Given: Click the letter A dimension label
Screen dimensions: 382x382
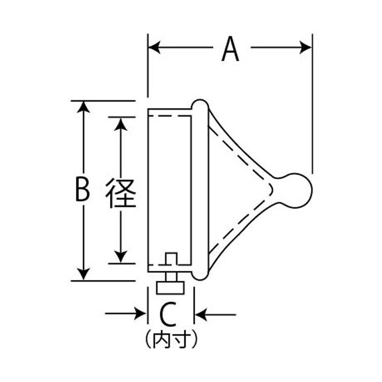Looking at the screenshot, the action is point(230,49).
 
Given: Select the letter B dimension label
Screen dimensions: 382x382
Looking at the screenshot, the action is point(82,189).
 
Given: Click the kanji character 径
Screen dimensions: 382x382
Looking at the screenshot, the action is point(121,193).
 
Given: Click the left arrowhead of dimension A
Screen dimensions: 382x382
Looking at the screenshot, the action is point(154,47).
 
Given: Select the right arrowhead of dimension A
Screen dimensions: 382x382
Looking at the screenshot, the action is point(306,47).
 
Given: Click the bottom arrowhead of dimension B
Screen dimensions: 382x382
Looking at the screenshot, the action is point(83,273).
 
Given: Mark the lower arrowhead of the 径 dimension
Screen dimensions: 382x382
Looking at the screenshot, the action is point(121,257).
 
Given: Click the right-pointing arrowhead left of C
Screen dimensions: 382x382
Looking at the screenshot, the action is point(140,314).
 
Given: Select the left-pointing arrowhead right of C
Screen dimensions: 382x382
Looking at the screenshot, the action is point(201,314).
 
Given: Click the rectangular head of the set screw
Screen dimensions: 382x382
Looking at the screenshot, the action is point(170,288).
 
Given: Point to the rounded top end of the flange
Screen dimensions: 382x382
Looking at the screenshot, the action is point(200,104).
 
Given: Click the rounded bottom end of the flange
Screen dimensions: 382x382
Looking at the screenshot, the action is point(200,276).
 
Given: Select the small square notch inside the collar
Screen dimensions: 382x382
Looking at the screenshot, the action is point(172,259).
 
